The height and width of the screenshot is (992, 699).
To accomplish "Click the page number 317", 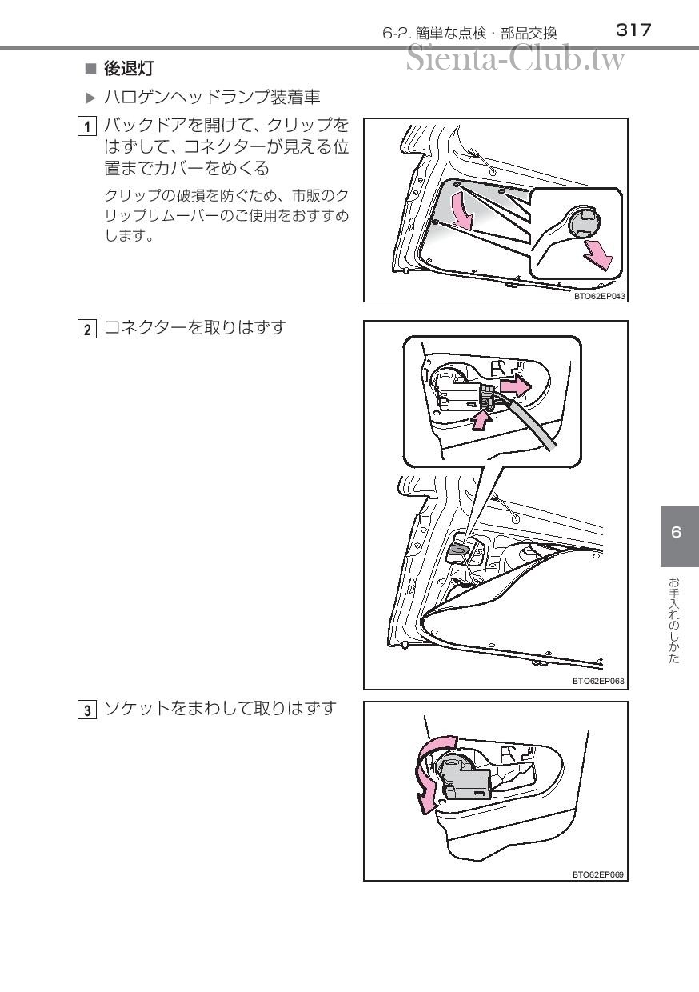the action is (x=633, y=30).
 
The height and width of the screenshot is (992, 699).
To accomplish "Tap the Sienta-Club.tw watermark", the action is (x=516, y=58).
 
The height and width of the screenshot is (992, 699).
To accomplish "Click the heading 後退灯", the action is (x=129, y=69).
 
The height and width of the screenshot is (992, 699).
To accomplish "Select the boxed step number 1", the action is (x=87, y=126).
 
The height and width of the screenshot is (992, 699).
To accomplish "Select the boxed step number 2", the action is (x=87, y=330).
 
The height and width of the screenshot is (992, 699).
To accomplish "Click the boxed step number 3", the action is (x=87, y=710).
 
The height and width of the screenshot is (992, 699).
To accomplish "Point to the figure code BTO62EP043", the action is (x=599, y=296).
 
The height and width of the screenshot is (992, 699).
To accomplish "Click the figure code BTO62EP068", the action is (x=598, y=681).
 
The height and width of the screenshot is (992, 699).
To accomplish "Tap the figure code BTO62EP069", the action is (x=598, y=874).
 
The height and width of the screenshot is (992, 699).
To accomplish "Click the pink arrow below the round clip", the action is (x=598, y=254).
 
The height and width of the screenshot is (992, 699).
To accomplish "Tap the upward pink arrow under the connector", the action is (x=481, y=420).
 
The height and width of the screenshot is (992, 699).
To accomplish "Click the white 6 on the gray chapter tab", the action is (x=676, y=532).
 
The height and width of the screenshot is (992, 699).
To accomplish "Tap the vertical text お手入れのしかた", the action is (x=673, y=621).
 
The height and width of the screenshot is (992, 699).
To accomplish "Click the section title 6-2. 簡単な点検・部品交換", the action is (x=469, y=34).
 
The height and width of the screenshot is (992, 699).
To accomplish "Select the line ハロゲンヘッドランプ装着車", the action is (x=212, y=98).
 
